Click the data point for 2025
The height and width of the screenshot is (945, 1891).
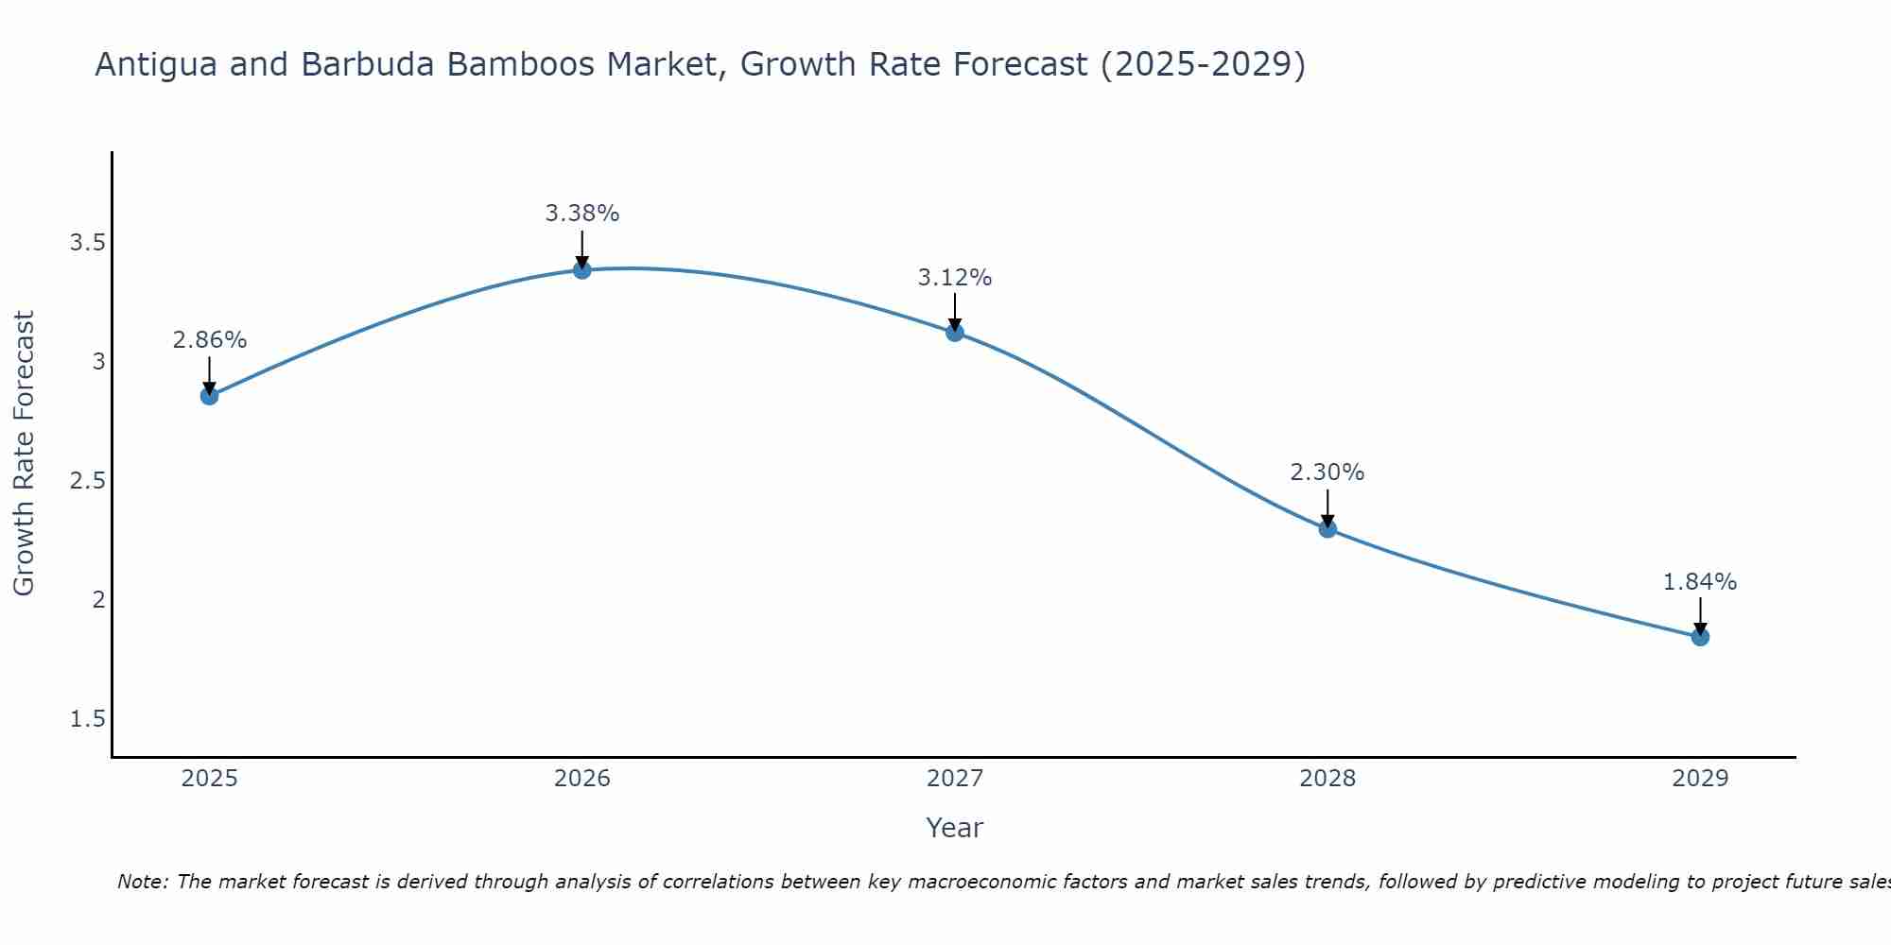point(210,396)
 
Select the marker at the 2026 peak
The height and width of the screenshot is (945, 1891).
point(582,270)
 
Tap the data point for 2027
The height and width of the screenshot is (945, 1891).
point(955,333)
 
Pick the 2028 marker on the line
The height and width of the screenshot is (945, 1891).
point(1327,529)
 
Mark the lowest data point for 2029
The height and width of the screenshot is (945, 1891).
point(1700,637)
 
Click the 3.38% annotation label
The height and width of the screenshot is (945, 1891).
point(582,214)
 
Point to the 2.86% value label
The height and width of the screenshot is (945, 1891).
point(210,340)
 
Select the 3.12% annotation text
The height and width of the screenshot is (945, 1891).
point(955,278)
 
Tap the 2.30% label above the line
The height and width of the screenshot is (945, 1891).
point(1327,472)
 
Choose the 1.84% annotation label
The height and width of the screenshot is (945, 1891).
point(1700,582)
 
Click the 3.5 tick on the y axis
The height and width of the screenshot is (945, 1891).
point(87,243)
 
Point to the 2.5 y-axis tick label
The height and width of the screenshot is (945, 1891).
point(87,481)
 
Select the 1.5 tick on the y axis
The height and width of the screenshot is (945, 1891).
point(87,719)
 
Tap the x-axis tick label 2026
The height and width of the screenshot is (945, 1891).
point(582,779)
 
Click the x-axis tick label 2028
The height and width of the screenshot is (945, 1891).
point(1327,779)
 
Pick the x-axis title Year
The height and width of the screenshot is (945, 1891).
point(955,828)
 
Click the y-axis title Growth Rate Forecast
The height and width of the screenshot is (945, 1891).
point(24,454)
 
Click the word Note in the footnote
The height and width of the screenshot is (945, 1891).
point(142,882)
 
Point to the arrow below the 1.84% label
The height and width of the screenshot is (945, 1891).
point(1700,616)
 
